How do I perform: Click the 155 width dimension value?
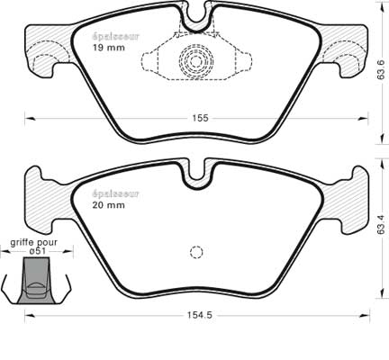coord(200,118)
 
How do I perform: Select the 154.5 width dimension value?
coord(200,315)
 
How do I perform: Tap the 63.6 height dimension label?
coord(381,69)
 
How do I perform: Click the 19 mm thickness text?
coord(108,48)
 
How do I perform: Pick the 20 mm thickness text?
coord(108,205)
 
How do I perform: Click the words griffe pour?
coord(33,242)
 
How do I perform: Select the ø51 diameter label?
coord(38,251)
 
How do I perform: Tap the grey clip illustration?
coord(36,281)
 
